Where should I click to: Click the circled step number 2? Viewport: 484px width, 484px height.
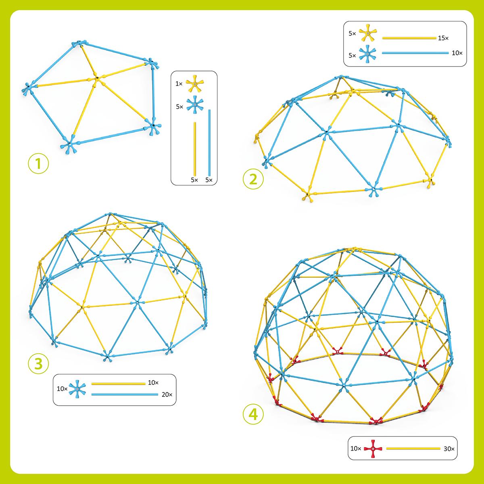[x=253, y=178]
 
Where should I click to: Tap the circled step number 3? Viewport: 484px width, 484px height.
[x=39, y=363]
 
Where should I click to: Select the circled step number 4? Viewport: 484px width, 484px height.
[x=253, y=414]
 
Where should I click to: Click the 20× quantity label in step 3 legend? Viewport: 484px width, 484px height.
[x=167, y=394]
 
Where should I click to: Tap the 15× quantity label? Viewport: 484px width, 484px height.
[x=443, y=38]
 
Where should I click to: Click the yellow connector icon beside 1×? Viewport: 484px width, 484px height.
[x=194, y=83]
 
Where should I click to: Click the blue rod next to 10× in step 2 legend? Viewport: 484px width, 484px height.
[x=415, y=53]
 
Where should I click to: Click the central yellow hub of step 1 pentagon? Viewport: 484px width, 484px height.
[x=96, y=79]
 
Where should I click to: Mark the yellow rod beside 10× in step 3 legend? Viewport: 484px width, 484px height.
[x=118, y=383]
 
